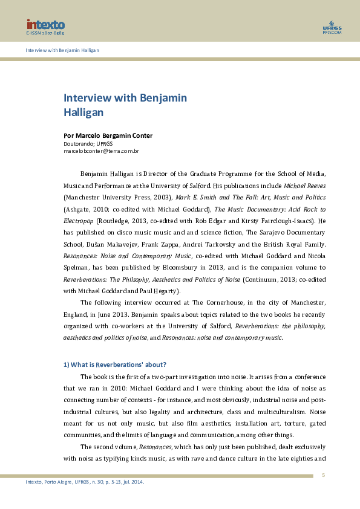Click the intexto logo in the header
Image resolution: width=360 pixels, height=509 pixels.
tap(45, 25)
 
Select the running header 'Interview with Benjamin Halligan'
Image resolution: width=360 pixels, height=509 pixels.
tap(62, 50)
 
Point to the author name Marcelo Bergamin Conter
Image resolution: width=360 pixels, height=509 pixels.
tap(108, 135)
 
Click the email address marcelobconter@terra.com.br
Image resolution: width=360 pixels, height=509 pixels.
tap(102, 151)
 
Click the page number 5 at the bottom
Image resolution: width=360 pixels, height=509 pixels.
tap(323, 475)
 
